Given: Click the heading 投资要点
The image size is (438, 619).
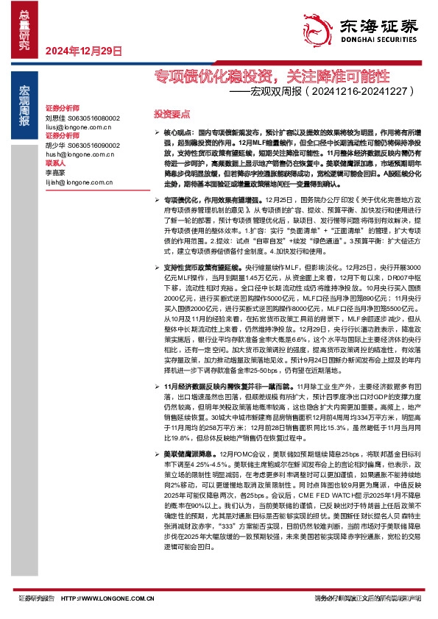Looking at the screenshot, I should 172,115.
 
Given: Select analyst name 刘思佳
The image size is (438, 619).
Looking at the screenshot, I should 55,118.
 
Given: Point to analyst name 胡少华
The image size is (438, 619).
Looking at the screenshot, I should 55,145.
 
